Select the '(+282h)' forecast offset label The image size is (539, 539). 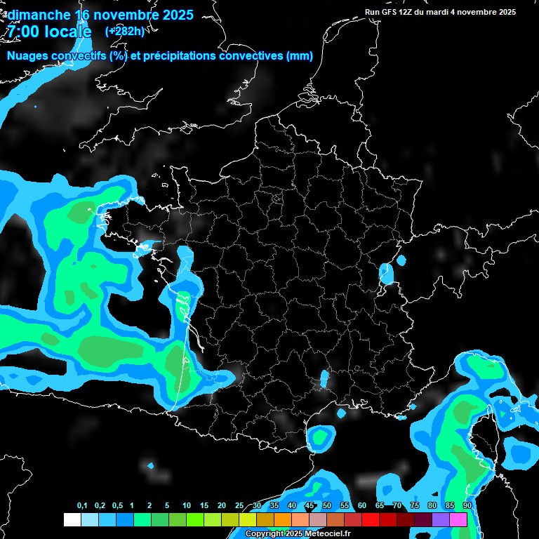(125, 32)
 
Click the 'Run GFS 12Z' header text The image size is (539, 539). (396, 12)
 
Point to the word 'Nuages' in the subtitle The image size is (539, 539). (29, 56)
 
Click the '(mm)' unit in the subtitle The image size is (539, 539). (300, 56)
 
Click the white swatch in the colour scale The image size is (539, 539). (72, 519)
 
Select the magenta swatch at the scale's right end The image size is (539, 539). (458, 519)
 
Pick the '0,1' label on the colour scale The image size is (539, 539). (82, 506)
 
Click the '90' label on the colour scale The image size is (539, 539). (467, 506)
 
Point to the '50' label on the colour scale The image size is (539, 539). (326, 506)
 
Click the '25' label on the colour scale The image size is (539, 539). (239, 506)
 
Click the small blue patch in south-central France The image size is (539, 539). (324, 379)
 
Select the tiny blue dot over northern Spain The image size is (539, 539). (150, 465)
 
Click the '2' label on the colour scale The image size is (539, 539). (150, 506)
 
